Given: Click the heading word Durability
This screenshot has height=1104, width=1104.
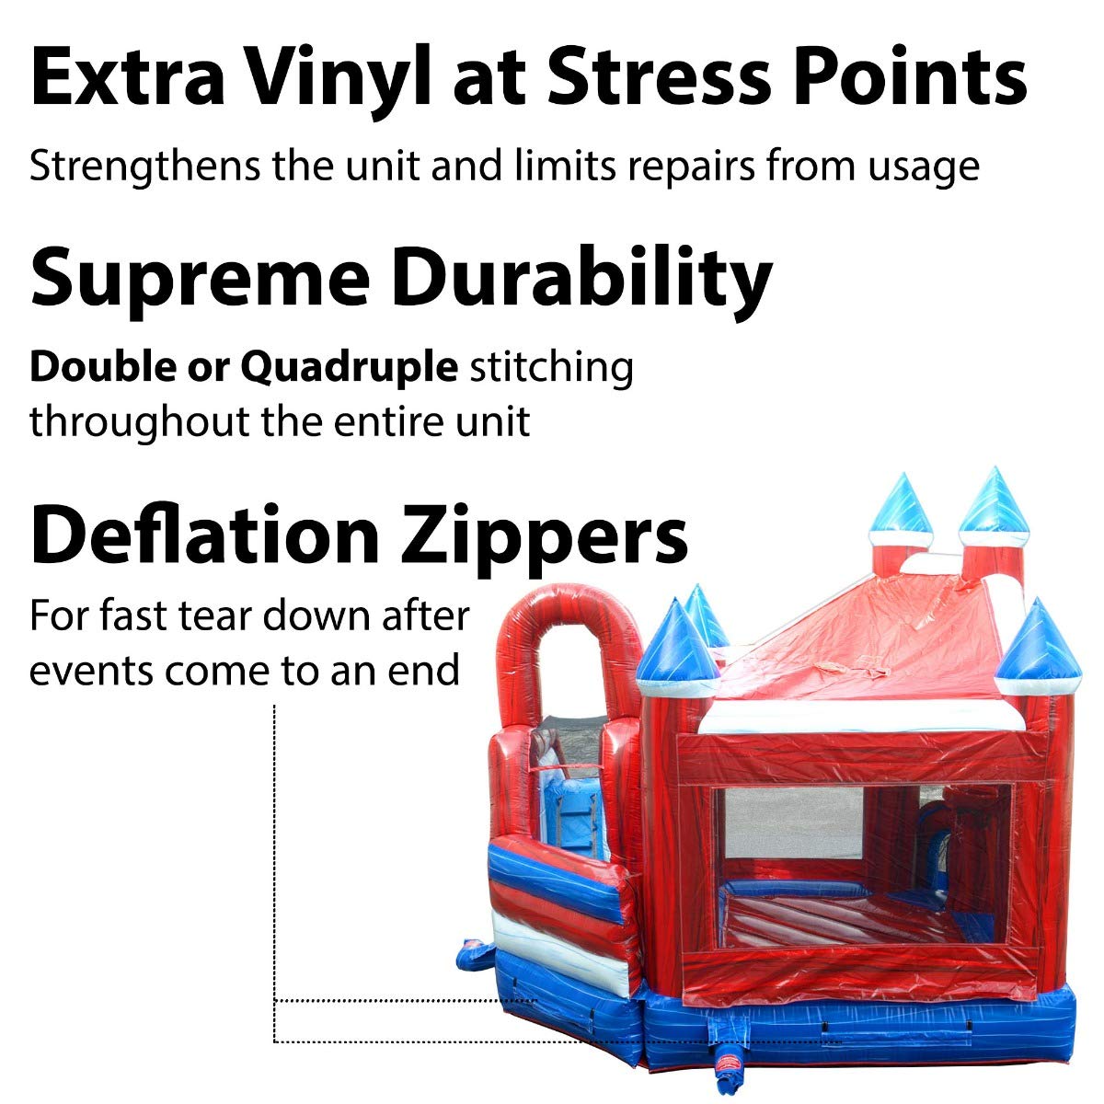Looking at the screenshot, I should [583, 281].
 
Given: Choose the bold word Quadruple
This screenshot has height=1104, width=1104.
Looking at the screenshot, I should [349, 368].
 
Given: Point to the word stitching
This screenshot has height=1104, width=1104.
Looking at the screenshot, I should [552, 368].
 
